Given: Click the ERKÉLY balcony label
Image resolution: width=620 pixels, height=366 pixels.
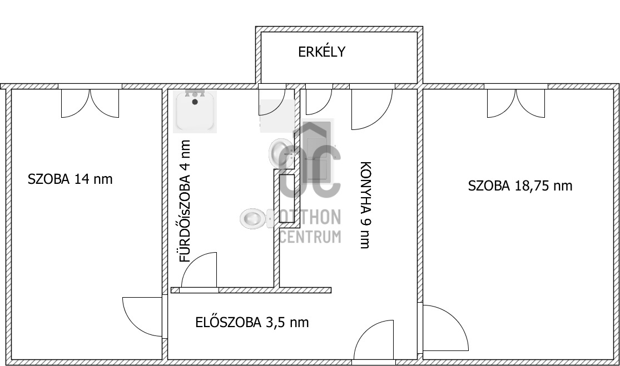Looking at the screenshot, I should (322, 52).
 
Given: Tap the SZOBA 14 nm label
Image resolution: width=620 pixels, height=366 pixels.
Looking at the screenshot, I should (70, 179).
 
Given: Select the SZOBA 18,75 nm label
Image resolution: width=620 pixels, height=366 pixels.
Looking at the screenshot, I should (520, 186).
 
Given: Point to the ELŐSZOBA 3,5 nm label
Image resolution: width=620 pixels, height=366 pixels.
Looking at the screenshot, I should (252, 322).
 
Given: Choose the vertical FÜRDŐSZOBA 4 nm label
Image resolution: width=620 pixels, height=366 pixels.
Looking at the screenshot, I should (185, 201).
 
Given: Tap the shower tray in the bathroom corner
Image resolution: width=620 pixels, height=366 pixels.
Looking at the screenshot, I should (195, 111).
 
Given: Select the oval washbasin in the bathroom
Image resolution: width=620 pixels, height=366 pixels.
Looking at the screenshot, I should (281, 151).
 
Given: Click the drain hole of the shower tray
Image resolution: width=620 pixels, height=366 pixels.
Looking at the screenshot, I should (195, 102).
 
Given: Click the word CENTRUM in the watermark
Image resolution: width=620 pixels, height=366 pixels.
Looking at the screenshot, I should (310, 237).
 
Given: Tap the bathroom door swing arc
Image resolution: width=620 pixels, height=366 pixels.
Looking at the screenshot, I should (199, 270).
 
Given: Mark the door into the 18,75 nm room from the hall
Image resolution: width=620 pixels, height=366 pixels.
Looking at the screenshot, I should (445, 328).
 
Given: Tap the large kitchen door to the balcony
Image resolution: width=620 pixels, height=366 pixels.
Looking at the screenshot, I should (370, 108).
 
